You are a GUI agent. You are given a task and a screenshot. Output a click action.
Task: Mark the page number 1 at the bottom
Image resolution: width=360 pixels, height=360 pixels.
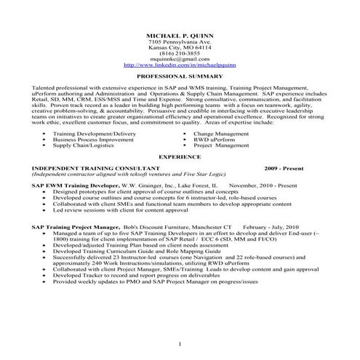(x=179, y=343)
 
